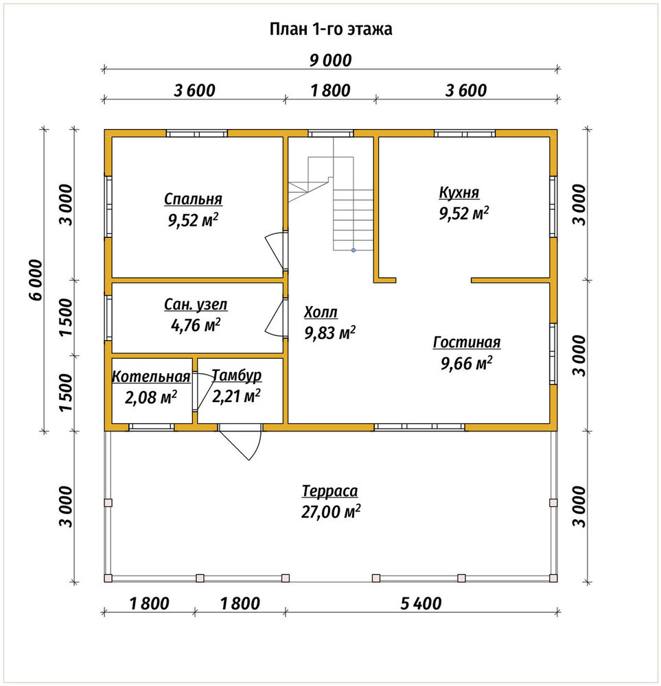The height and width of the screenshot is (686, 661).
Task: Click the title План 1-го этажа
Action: [x=331, y=29]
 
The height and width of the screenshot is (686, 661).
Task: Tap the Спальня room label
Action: [x=193, y=199]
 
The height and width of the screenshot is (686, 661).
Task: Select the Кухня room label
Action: [x=459, y=193]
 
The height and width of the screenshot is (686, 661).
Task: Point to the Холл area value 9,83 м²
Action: [x=329, y=333]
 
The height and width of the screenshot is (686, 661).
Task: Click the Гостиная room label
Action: [x=467, y=342]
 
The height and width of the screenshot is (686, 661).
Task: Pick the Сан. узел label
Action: [x=196, y=305]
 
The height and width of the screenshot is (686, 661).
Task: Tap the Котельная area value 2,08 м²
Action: [x=150, y=397]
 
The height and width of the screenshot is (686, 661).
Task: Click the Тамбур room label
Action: [x=237, y=375]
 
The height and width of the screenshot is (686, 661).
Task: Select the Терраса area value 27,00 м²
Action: [x=331, y=512]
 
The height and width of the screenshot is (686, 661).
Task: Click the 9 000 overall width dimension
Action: [x=331, y=60]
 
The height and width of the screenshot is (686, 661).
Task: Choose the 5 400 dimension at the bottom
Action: [x=421, y=604]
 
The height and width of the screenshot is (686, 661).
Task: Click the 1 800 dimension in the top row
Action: [x=331, y=91]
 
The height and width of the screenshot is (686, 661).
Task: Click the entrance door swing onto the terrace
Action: [x=241, y=442]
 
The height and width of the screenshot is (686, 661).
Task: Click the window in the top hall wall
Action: [x=331, y=134]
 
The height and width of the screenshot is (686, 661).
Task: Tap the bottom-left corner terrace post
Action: [x=108, y=578]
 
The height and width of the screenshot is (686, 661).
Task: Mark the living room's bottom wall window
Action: [x=419, y=427]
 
